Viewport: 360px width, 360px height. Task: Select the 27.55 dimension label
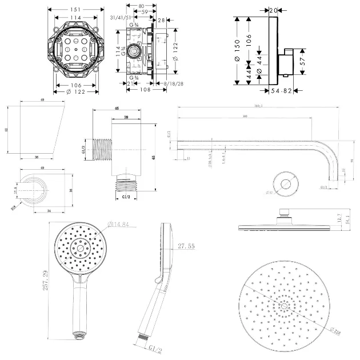point(187,246)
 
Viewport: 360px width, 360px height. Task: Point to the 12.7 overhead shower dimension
point(339,218)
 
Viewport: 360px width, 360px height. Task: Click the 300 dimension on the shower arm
point(246,116)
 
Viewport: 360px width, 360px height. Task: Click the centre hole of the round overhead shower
point(283,306)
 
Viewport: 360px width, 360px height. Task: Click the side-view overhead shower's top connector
point(283,213)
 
